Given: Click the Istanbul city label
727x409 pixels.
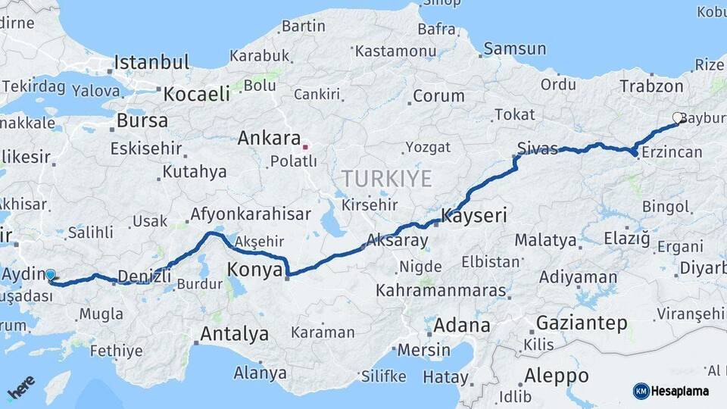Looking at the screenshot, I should (151, 61).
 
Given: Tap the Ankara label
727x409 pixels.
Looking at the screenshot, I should (269, 139).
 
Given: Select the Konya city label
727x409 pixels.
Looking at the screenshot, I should (255, 269).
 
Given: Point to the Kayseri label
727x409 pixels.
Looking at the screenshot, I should (474, 217).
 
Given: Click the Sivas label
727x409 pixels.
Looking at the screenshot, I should (538, 147).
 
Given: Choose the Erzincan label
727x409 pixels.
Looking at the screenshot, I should (671, 152).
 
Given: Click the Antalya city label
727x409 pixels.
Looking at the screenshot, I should (234, 333).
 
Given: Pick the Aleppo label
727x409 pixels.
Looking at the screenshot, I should (557, 376).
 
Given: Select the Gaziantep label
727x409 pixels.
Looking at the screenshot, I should (582, 324).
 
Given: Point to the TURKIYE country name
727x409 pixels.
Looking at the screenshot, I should (386, 180).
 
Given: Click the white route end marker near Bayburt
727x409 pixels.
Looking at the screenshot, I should (677, 117).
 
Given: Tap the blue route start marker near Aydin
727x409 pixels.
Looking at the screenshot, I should (50, 275).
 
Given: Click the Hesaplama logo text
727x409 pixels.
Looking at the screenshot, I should (680, 391).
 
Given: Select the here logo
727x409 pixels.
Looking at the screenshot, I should (20, 387).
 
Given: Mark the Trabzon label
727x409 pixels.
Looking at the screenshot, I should (651, 86).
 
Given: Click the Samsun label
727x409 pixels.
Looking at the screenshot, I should (515, 48).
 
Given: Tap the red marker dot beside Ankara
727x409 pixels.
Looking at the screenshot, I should (305, 145).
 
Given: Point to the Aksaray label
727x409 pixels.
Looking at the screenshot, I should (397, 241).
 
